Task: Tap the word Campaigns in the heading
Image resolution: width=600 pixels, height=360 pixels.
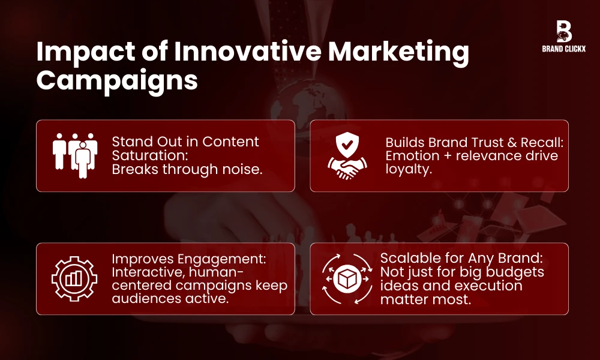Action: pos(116,80)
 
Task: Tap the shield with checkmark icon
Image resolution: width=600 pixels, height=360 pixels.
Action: pos(348,145)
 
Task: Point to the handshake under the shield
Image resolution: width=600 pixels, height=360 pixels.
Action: pos(348,169)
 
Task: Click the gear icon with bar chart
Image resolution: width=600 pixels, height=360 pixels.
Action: pos(74,278)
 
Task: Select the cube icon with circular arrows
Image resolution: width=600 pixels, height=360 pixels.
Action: pos(348,278)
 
